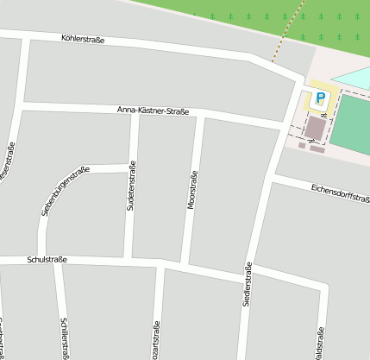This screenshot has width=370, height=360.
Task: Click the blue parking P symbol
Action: click(x=320, y=98)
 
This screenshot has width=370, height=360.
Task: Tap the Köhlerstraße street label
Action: click(x=84, y=39)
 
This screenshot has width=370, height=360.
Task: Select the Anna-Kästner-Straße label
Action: click(x=153, y=111)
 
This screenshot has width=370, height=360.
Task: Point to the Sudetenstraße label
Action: click(x=131, y=187)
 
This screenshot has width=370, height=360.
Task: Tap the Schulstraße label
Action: click(x=47, y=259)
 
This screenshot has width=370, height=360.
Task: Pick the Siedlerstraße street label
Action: click(x=248, y=283)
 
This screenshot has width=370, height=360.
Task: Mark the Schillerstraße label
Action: click(x=65, y=338)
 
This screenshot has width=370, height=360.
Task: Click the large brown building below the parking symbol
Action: click(x=317, y=129)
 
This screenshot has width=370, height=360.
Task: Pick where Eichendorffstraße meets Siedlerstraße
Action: click(x=270, y=175)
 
